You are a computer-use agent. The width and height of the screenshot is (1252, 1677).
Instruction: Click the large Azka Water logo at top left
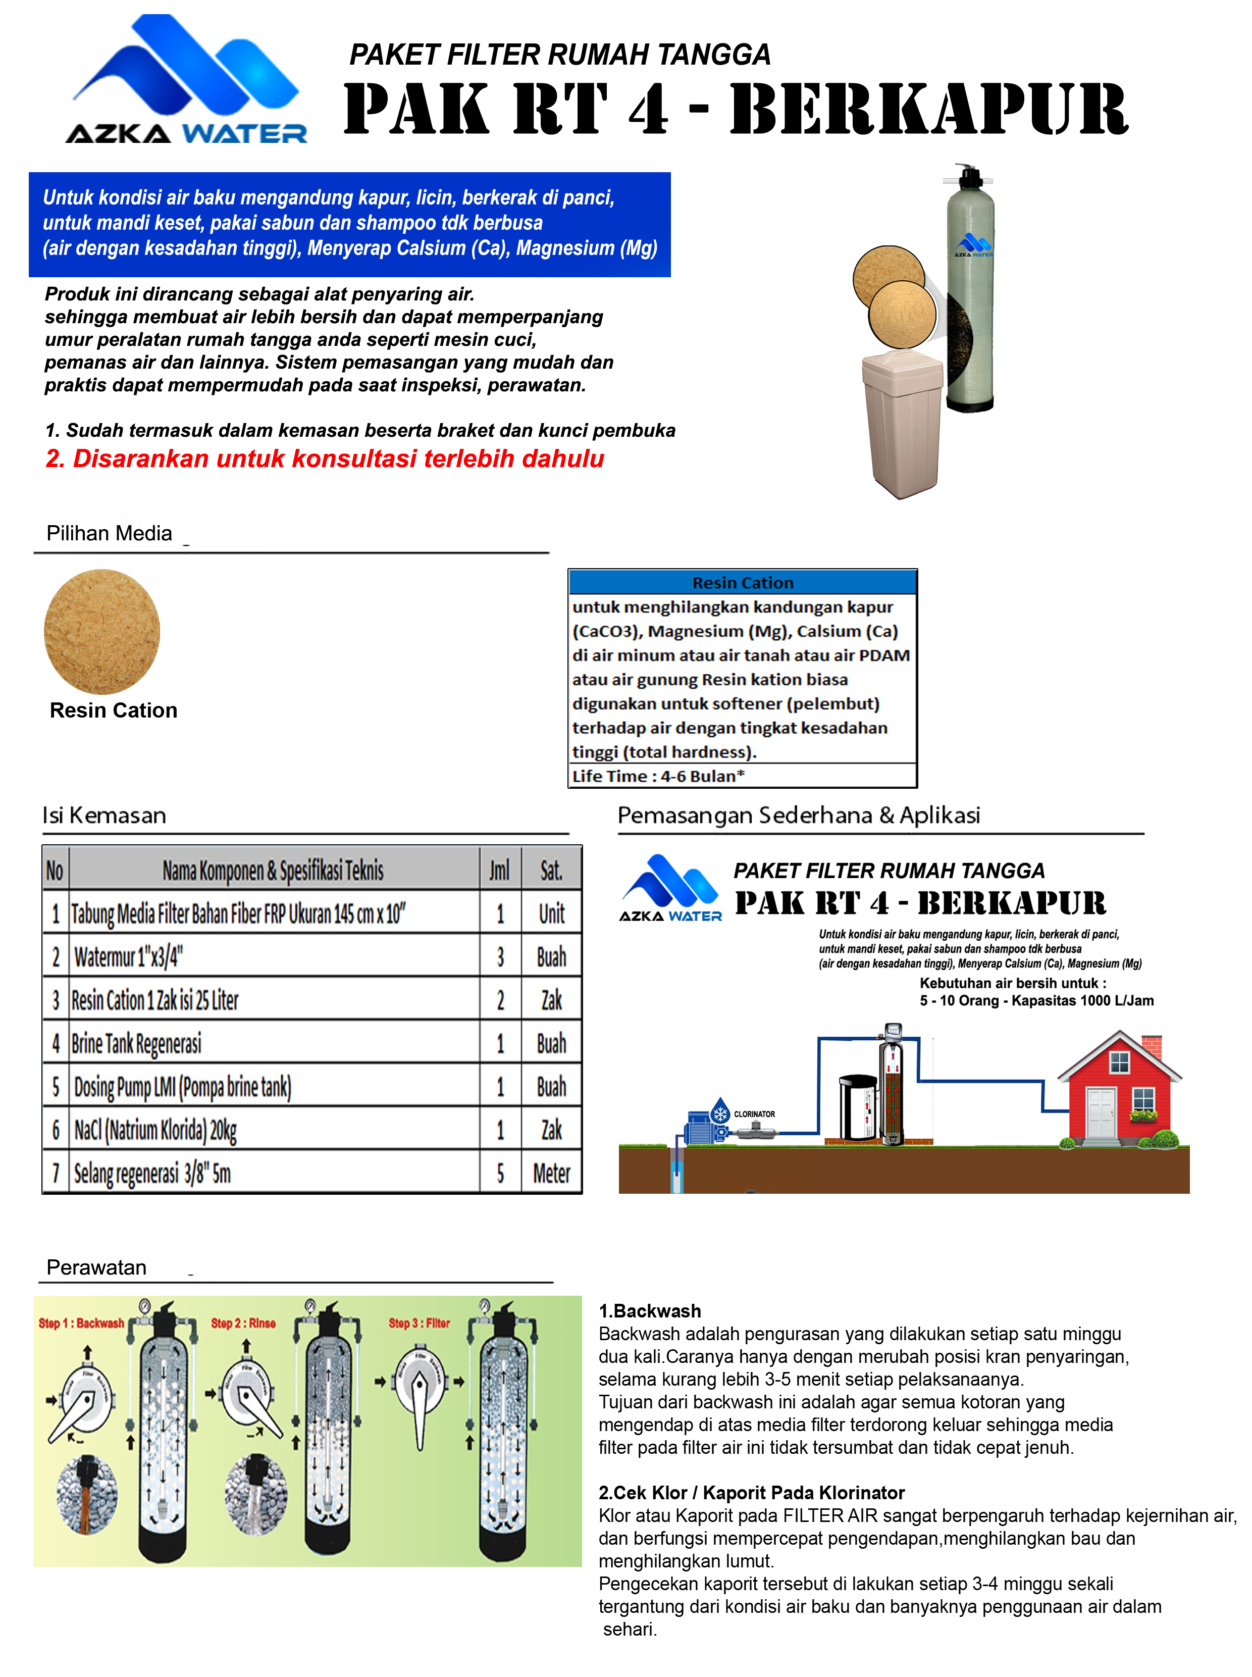(x=186, y=80)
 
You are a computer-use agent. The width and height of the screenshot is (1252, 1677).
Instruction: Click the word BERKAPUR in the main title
(x=929, y=111)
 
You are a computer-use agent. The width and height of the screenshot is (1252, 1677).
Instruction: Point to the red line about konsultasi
(x=325, y=459)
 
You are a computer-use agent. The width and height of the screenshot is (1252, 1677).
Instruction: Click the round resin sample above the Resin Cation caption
(x=102, y=632)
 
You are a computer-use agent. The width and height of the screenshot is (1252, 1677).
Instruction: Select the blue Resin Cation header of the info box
(x=743, y=582)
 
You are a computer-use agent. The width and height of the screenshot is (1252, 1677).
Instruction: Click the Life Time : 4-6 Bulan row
(x=658, y=776)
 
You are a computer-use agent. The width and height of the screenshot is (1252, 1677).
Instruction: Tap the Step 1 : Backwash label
(x=81, y=1323)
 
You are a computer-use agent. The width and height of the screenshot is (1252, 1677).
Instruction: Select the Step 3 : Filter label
(x=419, y=1323)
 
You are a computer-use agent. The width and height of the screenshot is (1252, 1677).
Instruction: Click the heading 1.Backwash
(x=650, y=1311)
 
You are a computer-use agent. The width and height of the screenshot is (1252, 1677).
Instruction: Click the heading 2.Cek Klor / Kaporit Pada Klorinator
(x=751, y=1493)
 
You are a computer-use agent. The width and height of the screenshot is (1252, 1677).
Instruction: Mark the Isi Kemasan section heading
(x=105, y=816)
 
